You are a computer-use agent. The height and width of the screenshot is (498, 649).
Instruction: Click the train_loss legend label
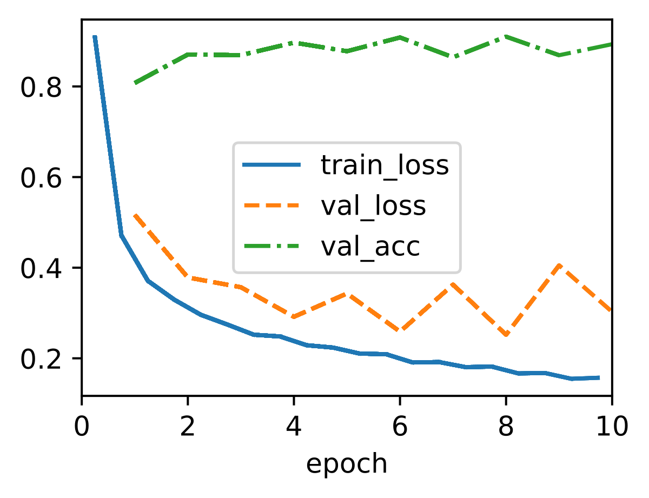coord(385,165)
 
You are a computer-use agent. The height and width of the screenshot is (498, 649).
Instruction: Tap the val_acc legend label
coord(370,248)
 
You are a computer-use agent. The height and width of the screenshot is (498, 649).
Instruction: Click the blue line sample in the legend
coord(271,164)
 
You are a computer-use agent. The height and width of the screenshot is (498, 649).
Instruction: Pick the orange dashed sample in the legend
coord(271,205)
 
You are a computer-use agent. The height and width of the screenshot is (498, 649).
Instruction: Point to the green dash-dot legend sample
coord(271,247)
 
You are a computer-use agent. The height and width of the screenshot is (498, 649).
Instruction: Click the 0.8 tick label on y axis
coord(41,88)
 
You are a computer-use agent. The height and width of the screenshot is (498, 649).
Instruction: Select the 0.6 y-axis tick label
coord(41,178)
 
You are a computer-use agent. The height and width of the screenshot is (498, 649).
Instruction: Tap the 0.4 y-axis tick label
coord(41,268)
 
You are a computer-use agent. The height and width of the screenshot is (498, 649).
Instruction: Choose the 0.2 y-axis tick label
coord(41,359)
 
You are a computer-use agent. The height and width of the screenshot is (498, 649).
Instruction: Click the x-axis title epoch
coord(347,465)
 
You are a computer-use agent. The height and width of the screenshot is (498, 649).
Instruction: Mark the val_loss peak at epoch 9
coord(559,265)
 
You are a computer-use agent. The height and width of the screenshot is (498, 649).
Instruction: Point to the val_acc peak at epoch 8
coord(506,37)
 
